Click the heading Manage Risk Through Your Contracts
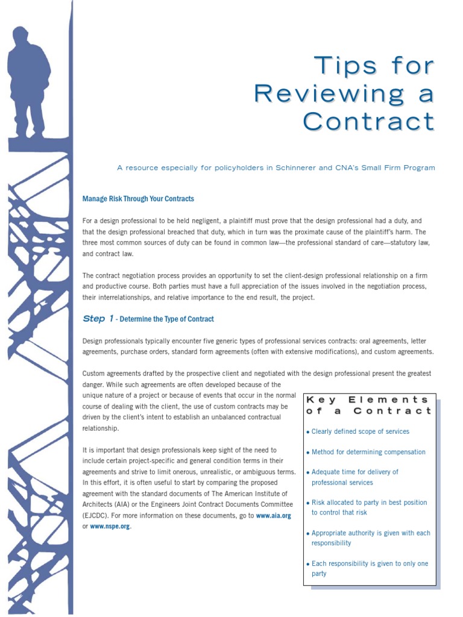click(138, 198)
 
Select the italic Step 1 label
click(98, 319)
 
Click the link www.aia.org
click(274, 516)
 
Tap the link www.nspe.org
click(110, 527)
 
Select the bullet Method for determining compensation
click(368, 452)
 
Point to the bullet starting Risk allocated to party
click(368, 507)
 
